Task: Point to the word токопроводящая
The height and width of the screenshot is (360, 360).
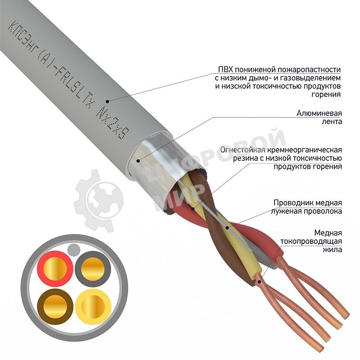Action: coord(311,241)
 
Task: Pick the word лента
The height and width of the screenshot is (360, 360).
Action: coord(333,121)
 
